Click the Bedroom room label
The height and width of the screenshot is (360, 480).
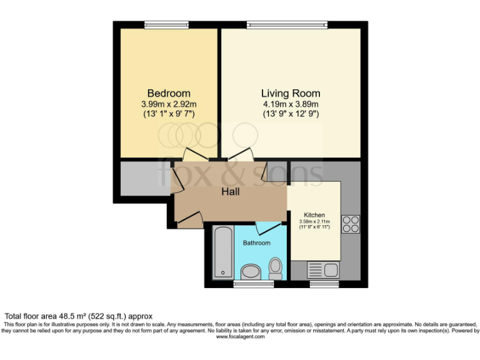tap(169, 94)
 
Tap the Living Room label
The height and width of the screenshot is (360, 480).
tap(291, 94)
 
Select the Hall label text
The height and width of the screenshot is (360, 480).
tap(230, 192)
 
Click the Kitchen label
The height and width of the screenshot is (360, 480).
tap(314, 215)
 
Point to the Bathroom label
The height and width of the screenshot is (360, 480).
tap(257, 242)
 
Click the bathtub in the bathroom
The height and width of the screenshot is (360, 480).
tap(221, 253)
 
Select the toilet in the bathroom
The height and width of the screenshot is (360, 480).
tap(276, 268)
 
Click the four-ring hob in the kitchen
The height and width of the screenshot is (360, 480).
tap(351, 224)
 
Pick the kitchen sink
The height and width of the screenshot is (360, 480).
tap(323, 271)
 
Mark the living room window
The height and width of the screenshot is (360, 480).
tap(287, 25)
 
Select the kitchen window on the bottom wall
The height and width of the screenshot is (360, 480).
tap(324, 284)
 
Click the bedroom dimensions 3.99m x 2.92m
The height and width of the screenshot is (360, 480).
tap(169, 104)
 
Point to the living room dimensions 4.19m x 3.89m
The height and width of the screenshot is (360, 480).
tap(291, 104)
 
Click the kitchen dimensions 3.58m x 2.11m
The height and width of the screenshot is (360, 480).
tap(314, 222)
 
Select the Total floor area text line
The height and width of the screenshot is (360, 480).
tap(79, 316)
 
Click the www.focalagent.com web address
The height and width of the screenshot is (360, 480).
tap(240, 337)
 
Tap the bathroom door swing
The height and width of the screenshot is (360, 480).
tap(268, 228)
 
